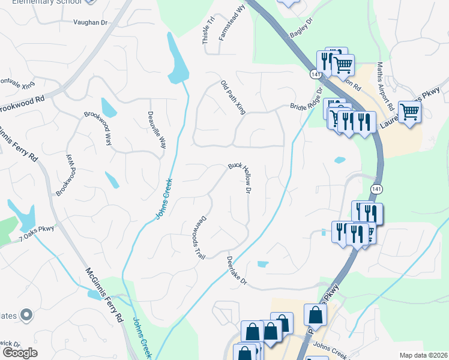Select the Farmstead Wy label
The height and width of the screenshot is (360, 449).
[x=233, y=23]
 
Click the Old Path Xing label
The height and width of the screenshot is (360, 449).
[x=233, y=97]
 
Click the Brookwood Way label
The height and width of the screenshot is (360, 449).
[x=98, y=128]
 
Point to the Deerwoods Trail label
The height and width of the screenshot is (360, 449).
[x=199, y=238]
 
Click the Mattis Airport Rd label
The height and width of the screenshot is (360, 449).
[x=385, y=86]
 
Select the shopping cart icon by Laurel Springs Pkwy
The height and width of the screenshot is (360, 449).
[x=409, y=111]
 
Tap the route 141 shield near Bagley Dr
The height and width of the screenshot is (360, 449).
[x=315, y=74]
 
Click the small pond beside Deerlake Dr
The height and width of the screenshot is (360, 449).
[x=262, y=263]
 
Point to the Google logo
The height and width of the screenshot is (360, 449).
[x=20, y=353]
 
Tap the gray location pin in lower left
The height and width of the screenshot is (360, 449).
[x=26, y=314]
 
